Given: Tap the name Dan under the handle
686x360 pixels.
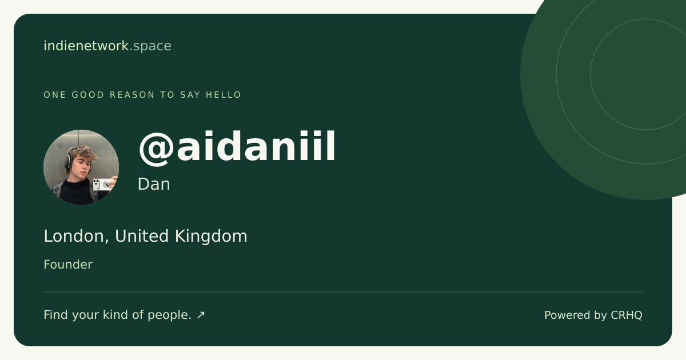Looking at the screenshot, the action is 154,184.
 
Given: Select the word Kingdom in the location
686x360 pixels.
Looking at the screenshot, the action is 211,237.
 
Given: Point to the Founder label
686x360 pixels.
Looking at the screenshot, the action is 68,265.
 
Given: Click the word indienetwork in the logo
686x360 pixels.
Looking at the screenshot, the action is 86,46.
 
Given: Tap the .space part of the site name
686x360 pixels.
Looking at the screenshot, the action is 150,46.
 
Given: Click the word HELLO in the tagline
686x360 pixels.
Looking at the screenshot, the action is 224,95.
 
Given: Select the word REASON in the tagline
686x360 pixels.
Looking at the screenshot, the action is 132,95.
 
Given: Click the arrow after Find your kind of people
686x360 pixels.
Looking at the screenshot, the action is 201,315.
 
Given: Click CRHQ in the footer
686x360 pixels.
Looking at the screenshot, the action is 627,315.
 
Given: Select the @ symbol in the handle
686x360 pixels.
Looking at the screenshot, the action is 157,149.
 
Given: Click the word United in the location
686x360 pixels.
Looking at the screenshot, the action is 142,237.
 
